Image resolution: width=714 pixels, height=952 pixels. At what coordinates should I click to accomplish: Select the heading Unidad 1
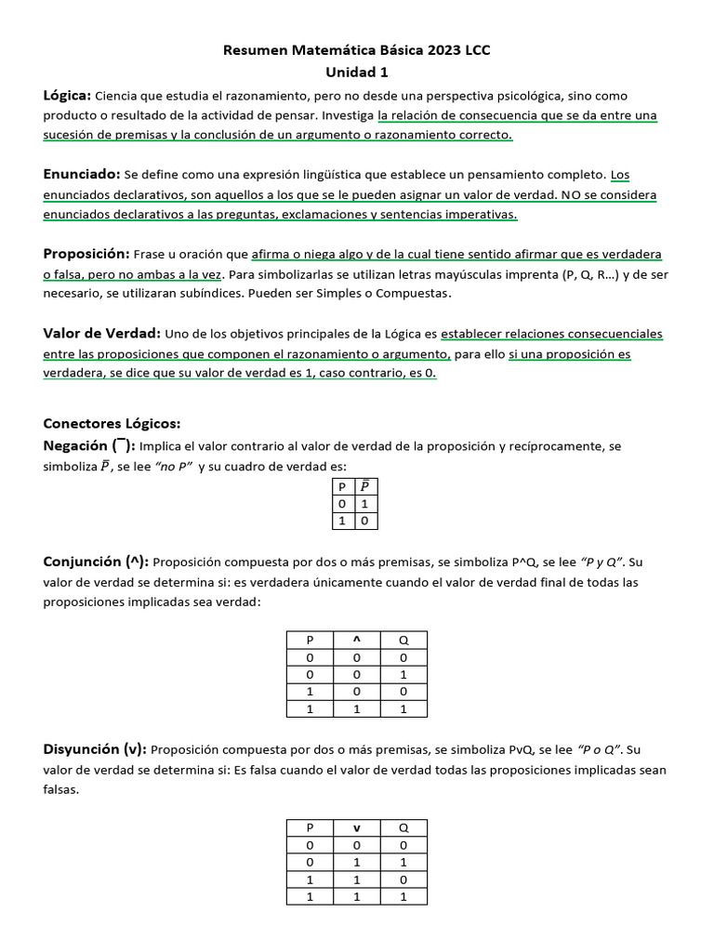[357, 72]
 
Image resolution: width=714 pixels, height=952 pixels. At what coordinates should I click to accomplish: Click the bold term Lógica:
[67, 95]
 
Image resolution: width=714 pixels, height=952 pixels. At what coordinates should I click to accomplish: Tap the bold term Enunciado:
[82, 174]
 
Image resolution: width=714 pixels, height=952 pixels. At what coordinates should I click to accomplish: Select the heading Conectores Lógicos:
[112, 424]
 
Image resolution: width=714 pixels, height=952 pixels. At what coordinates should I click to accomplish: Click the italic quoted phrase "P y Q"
[601, 562]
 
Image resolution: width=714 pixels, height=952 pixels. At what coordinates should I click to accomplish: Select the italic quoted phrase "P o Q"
[601, 750]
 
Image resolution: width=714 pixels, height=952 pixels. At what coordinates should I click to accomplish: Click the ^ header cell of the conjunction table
[356, 640]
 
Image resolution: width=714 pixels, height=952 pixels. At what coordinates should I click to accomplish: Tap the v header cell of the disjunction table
[356, 827]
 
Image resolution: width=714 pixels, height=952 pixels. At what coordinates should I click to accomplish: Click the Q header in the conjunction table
[403, 640]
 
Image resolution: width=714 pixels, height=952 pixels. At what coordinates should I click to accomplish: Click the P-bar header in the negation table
[364, 486]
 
